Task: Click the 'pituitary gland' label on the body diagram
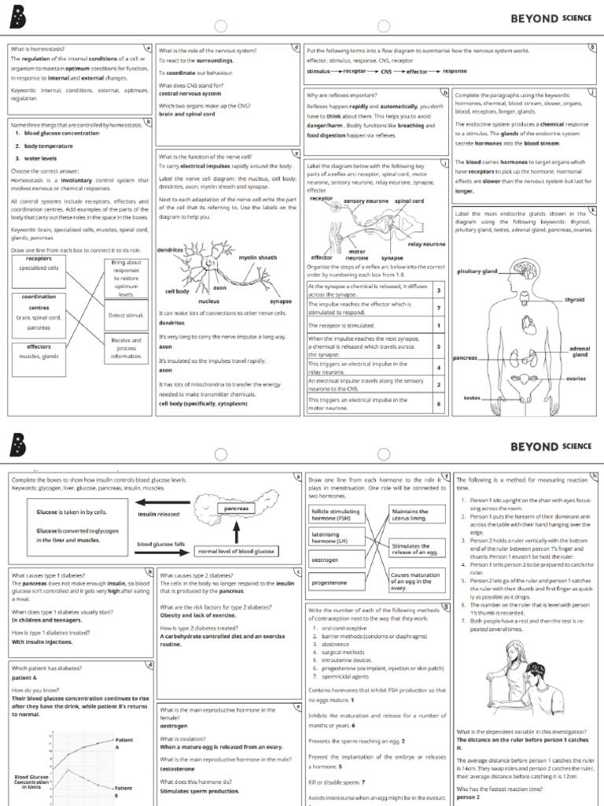[477, 272]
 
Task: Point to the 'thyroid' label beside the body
[574, 300]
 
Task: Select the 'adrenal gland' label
[579, 351]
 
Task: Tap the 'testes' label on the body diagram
[472, 397]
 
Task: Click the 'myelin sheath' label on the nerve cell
[258, 257]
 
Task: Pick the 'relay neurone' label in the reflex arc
[427, 244]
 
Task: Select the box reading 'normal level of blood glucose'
[236, 551]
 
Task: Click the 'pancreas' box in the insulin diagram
[236, 508]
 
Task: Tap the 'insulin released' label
[159, 514]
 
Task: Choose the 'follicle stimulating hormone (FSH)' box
[337, 515]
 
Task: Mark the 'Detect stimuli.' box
[126, 315]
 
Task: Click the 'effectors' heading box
[39, 346]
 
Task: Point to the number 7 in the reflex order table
[438, 308]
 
